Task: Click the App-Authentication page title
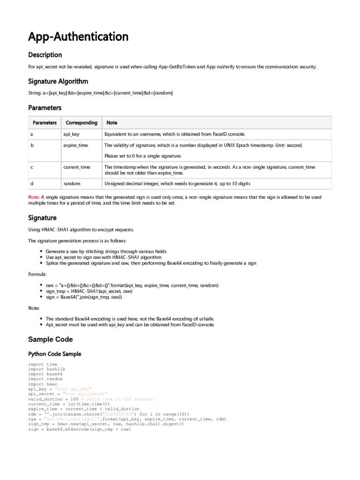click(x=78, y=37)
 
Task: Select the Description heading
click(x=45, y=55)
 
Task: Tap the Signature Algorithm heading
click(x=58, y=81)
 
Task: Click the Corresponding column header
click(x=82, y=123)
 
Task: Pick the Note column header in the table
click(x=112, y=123)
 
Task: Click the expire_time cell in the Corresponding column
click(x=75, y=145)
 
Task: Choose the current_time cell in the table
click(x=77, y=167)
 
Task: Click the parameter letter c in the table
click(x=31, y=167)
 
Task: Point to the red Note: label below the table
click(x=34, y=197)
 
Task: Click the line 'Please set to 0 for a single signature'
click(x=142, y=156)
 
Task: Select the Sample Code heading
click(x=51, y=339)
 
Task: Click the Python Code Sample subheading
click(x=55, y=354)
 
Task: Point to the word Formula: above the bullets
click(x=37, y=274)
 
